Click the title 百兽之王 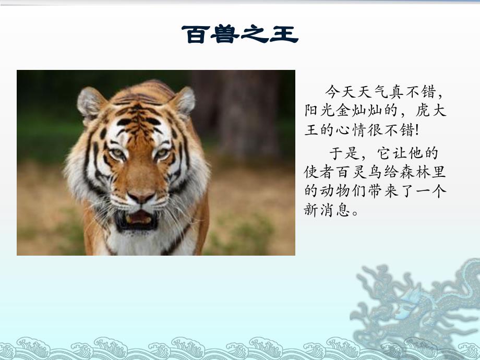(239, 35)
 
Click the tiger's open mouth (137, 219)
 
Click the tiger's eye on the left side (118, 153)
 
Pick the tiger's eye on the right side (162, 153)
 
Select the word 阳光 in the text (319, 111)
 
